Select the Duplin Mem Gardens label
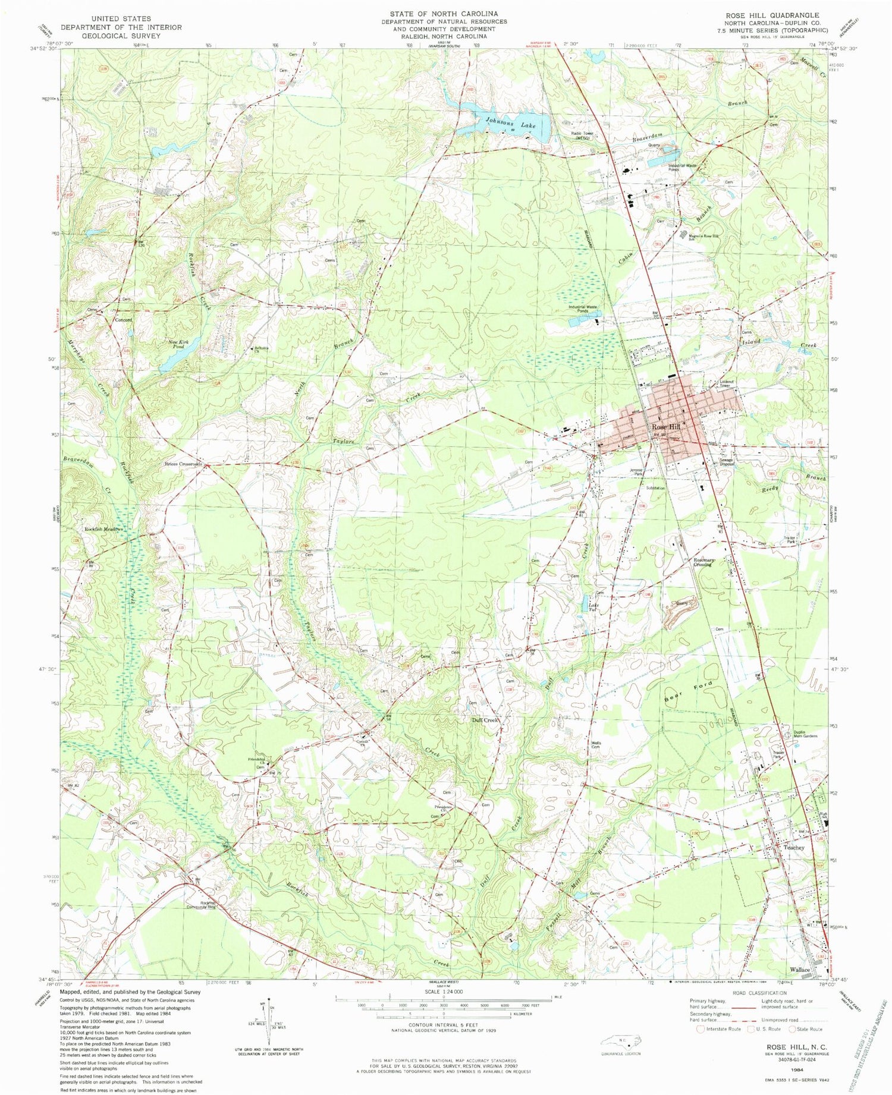pyautogui.click(x=806, y=734)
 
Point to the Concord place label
pyautogui.click(x=123, y=320)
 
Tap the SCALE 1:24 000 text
pyautogui.click(x=445, y=992)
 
